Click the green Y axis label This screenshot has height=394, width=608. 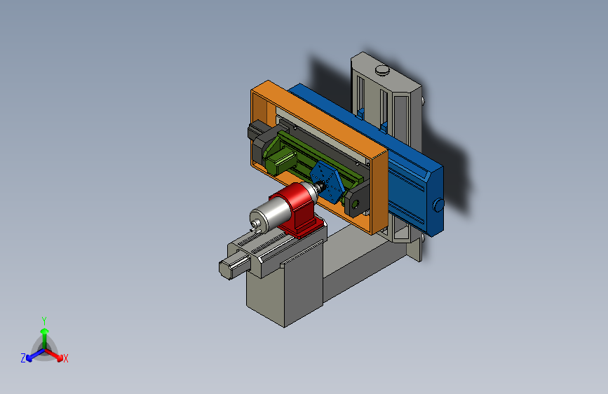click(44, 320)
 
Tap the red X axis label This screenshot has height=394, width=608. click(65, 359)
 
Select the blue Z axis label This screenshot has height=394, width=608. click(23, 358)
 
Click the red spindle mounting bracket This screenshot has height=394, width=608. click(298, 210)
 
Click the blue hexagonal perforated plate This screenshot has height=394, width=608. click(327, 182)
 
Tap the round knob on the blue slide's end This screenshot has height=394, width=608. click(438, 205)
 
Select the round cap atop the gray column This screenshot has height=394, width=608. click(382, 70)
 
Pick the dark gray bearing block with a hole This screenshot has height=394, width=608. click(356, 202)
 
